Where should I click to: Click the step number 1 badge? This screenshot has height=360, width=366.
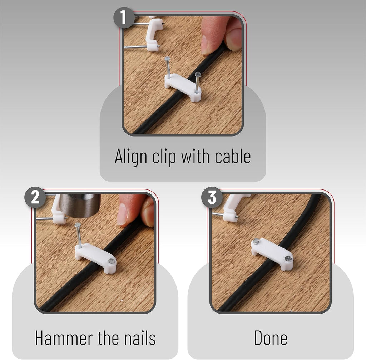click(124, 18)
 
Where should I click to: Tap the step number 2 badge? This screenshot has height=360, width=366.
click(35, 197)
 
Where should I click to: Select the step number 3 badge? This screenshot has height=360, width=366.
click(212, 197)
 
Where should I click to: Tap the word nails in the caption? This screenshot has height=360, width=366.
click(140, 337)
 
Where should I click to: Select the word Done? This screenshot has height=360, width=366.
click(271, 337)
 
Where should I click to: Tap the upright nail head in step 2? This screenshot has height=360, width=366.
click(78, 225)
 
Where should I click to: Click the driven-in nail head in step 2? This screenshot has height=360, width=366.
click(112, 261)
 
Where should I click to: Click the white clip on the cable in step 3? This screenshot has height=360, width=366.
click(272, 254)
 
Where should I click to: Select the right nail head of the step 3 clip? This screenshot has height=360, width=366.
click(288, 258)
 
